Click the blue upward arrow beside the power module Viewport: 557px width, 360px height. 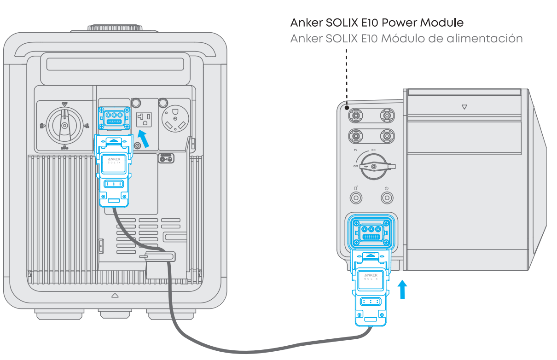[403, 290]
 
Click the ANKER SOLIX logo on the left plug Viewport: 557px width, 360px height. [113, 161]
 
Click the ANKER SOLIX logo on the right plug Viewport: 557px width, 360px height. [371, 277]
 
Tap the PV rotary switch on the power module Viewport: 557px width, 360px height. [373, 166]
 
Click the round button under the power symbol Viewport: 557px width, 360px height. [387, 198]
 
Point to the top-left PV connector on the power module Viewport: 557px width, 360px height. [356, 115]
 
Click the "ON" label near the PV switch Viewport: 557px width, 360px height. [373, 151]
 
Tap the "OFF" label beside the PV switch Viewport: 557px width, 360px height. [356, 166]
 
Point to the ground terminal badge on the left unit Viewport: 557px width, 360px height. [166, 158]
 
